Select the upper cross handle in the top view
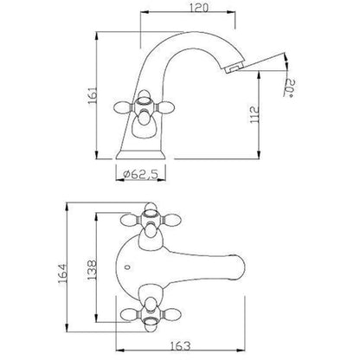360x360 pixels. [150, 221]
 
